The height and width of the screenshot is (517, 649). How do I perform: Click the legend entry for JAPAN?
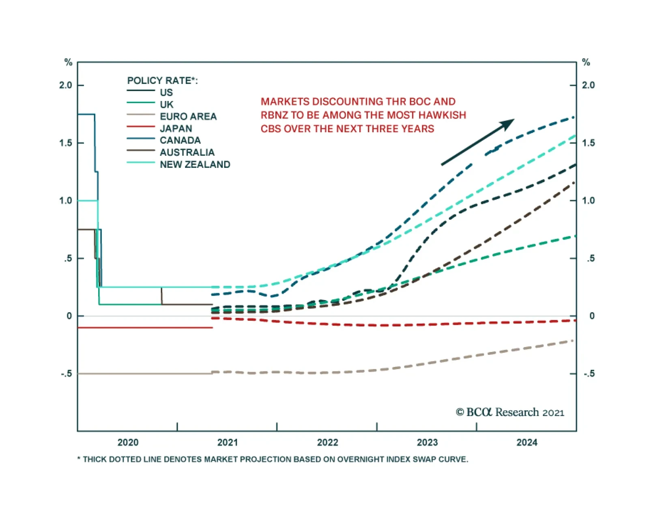coord(176,129)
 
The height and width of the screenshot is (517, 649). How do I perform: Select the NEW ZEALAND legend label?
coord(195,165)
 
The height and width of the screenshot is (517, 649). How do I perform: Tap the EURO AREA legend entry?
coord(188,117)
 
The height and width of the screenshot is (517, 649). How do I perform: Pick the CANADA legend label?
coord(180,141)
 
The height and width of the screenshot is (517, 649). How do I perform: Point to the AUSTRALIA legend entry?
coord(187,152)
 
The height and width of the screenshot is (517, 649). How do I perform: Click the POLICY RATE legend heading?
coord(162,81)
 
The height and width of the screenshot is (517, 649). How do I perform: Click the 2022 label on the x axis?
coord(327,442)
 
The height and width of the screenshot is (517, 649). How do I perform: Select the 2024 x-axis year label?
coord(527,442)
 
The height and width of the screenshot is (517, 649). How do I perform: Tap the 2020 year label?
coord(128,442)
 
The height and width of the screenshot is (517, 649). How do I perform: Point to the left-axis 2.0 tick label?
coord(66,85)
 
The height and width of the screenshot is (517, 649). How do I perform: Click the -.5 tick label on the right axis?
coord(589,373)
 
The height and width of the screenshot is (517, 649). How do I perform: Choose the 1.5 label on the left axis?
coord(66,143)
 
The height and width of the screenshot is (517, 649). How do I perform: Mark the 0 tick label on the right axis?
coord(592,316)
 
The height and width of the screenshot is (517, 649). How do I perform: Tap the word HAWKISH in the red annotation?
coord(445,115)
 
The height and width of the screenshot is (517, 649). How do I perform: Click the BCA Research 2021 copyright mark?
coord(510,412)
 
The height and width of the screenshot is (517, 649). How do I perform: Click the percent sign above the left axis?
coord(68,62)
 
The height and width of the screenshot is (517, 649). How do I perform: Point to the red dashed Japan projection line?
coord(385,325)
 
